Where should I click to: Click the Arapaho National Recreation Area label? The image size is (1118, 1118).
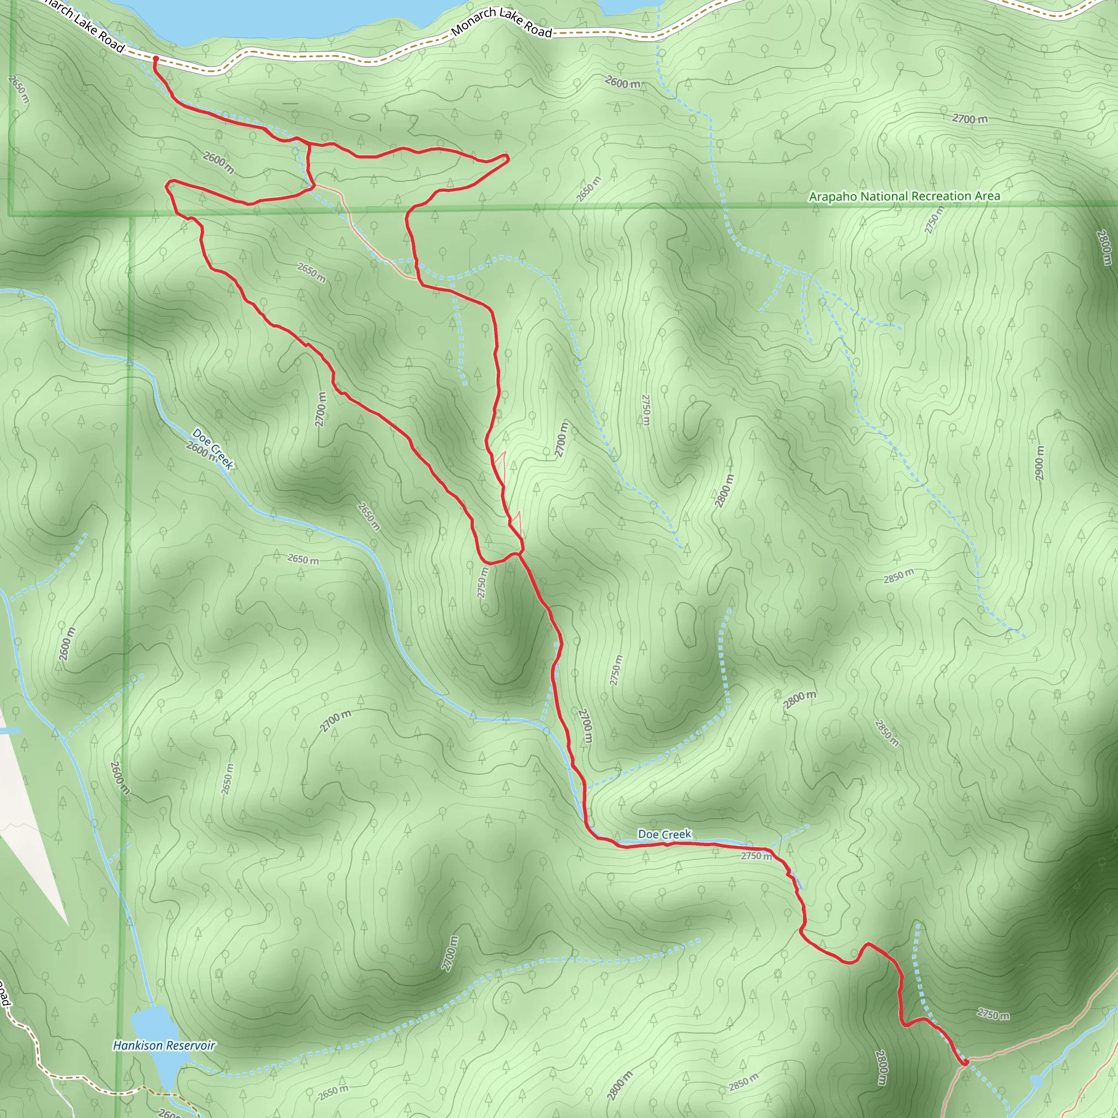(x=904, y=197)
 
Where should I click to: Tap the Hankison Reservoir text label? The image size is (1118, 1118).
(x=164, y=1045)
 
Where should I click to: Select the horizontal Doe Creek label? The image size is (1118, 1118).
(x=664, y=834)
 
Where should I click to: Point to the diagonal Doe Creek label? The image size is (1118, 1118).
(x=213, y=449)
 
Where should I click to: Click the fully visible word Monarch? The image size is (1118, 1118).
(x=473, y=21)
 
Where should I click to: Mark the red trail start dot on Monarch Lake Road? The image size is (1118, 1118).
(x=155, y=58)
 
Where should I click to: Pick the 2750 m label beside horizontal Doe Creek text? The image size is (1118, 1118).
(x=756, y=855)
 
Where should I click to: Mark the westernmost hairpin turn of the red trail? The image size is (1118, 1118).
(x=168, y=185)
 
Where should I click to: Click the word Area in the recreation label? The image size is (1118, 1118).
(x=987, y=195)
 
